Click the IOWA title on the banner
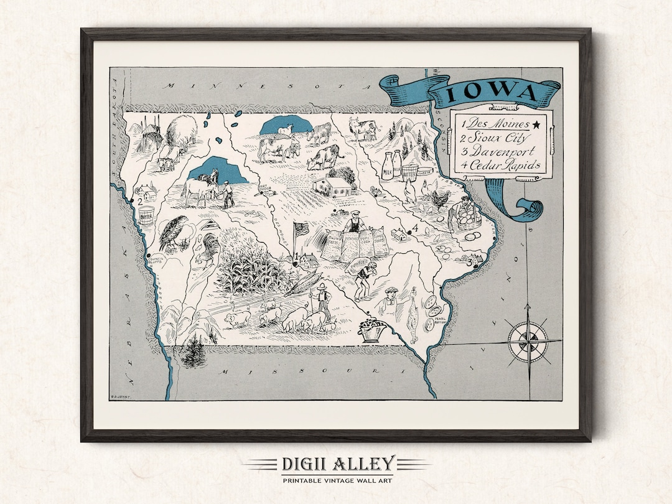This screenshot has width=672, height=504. [x=492, y=93]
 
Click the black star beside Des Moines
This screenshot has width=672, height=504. [x=536, y=124]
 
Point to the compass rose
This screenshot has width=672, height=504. [x=528, y=340]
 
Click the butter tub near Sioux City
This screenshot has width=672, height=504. [x=146, y=216]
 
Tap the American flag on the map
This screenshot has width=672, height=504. [x=301, y=229]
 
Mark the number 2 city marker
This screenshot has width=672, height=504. [x=141, y=201]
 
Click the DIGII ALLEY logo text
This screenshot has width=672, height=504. [x=335, y=464]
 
